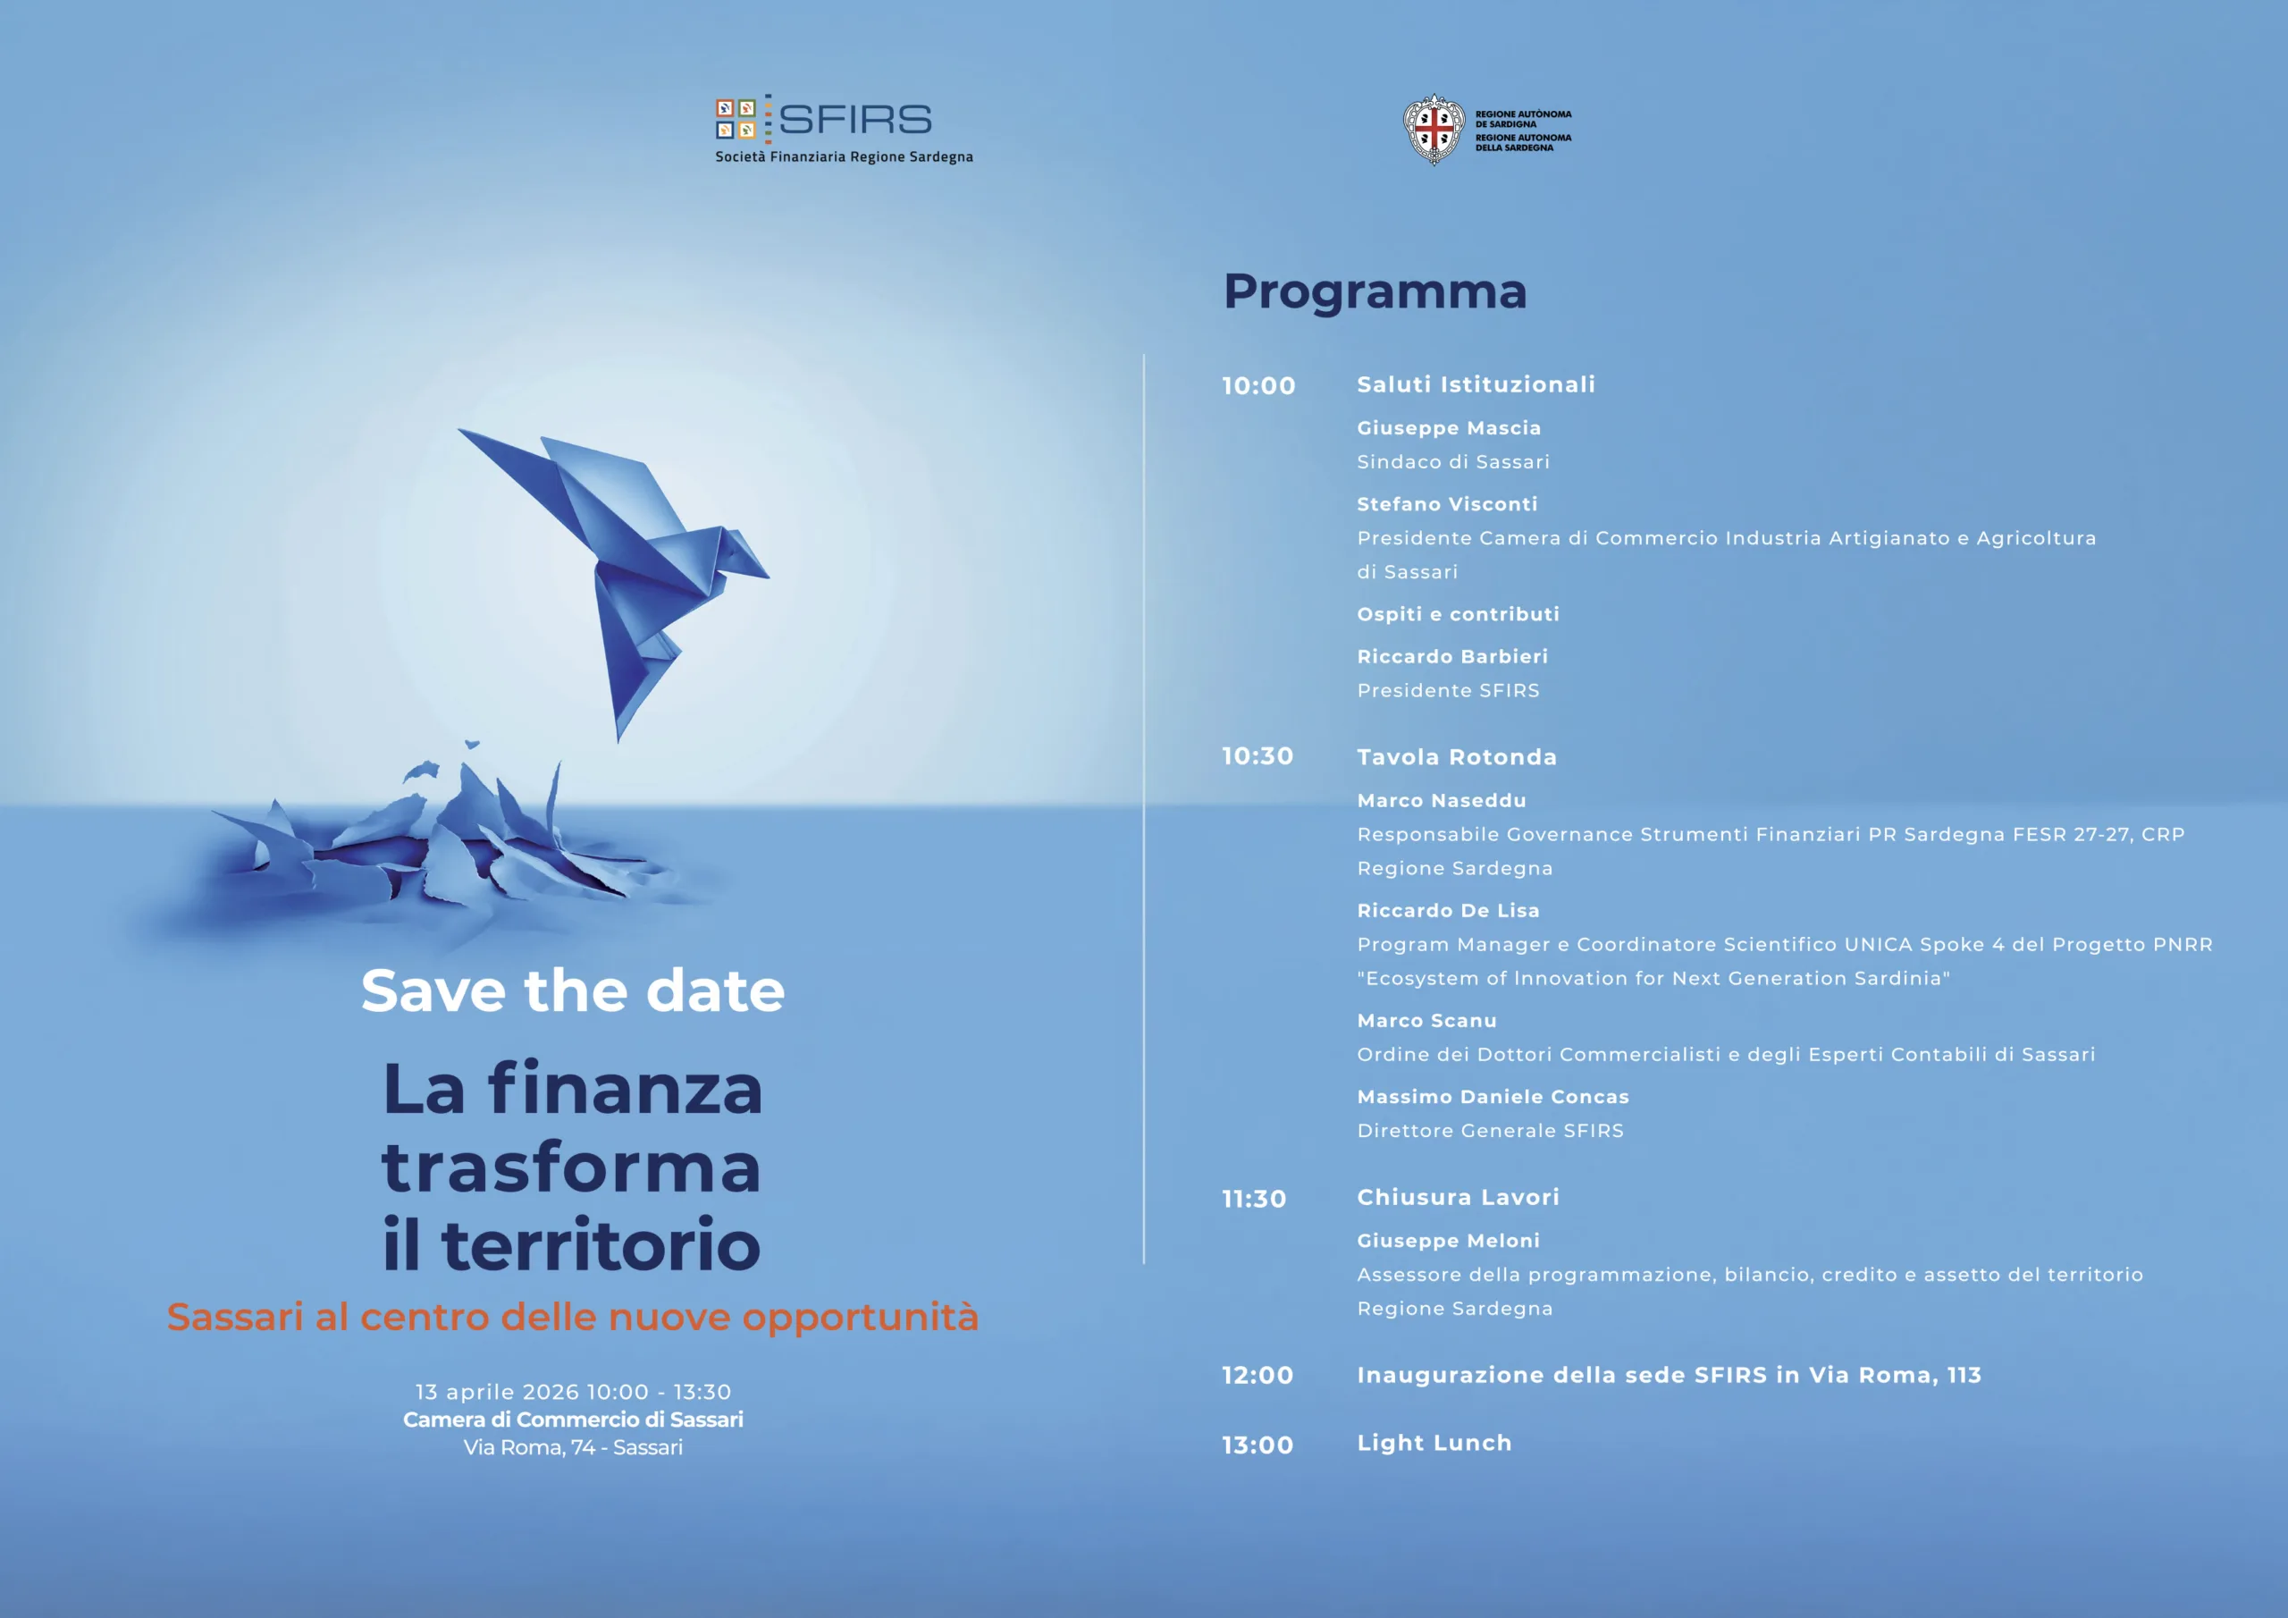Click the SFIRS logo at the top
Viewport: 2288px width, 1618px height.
843,129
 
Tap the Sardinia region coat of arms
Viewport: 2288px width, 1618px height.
1433,130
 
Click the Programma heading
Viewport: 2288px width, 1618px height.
1375,291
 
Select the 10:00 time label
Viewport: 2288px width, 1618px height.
1258,386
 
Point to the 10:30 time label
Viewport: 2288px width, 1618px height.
1258,756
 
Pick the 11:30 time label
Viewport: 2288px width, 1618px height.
1255,1200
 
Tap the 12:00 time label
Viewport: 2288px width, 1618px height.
1258,1376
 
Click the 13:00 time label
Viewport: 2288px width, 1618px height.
1258,1445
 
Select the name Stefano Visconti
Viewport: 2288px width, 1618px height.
1447,504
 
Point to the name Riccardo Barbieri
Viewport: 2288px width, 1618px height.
1452,657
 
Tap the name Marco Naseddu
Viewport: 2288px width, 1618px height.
1441,801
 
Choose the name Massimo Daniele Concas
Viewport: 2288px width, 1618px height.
1493,1097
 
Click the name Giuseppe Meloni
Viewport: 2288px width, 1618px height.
1448,1241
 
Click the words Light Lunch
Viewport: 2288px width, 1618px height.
1434,1444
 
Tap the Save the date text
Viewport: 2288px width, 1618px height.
573,991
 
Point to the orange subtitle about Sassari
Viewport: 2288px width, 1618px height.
573,1318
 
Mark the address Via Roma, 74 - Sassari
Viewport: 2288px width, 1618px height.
573,1447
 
